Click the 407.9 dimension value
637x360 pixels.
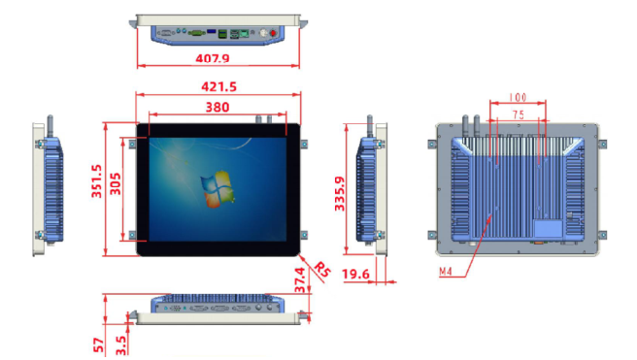[x=213, y=58]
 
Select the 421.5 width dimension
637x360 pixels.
[x=218, y=86]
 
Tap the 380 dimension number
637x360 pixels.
[x=218, y=107]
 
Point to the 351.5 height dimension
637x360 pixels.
[x=96, y=181]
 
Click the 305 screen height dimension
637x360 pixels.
[x=116, y=183]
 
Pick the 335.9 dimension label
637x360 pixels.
[x=339, y=194]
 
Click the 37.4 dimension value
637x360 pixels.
[x=300, y=280]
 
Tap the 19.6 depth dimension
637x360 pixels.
[x=355, y=275]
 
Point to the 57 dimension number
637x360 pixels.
[x=99, y=345]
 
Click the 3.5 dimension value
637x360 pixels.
[x=121, y=345]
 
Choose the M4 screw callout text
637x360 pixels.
[x=446, y=272]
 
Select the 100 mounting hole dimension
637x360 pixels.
[x=518, y=97]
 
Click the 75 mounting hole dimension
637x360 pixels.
[x=518, y=115]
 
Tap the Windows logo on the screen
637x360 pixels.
[x=218, y=189]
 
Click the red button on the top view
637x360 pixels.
[x=273, y=32]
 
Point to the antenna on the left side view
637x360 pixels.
[x=50, y=126]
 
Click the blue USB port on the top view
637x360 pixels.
[x=212, y=31]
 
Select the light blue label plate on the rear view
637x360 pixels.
[x=548, y=228]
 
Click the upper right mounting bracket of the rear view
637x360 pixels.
[x=603, y=144]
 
